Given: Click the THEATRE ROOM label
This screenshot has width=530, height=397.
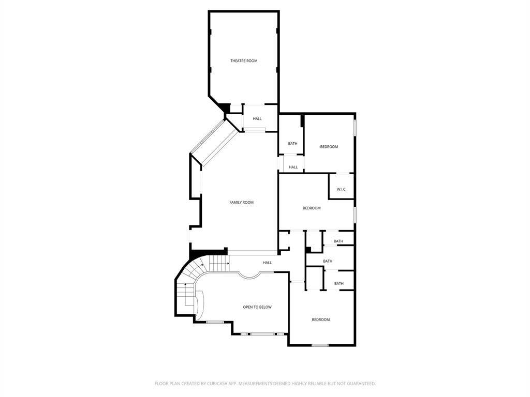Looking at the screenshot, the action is click(244, 61).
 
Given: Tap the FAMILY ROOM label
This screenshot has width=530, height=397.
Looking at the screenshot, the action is click(241, 203).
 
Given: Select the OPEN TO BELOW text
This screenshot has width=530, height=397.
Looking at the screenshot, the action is click(257, 307).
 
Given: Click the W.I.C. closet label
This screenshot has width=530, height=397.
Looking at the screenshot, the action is click(342, 189).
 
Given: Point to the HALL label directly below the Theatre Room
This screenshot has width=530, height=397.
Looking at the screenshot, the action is click(257, 119).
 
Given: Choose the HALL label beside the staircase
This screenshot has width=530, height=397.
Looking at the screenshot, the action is click(268, 263).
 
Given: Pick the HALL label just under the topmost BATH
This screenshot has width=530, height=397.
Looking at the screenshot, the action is click(293, 167).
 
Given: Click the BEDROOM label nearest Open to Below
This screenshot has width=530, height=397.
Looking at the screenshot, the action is click(320, 319).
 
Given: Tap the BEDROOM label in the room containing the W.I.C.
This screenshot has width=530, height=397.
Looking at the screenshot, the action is click(312, 208).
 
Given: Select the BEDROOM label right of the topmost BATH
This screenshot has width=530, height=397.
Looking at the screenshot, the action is click(329, 147).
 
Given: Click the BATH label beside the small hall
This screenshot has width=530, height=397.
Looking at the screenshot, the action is click(293, 144).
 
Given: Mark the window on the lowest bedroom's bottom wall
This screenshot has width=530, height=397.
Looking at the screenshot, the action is click(320, 345).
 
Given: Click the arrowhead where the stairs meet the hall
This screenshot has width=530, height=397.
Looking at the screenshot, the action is click(228, 263).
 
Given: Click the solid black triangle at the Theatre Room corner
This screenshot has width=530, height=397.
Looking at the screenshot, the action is click(224, 108).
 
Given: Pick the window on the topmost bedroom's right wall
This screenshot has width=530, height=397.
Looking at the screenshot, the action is click(355, 128).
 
